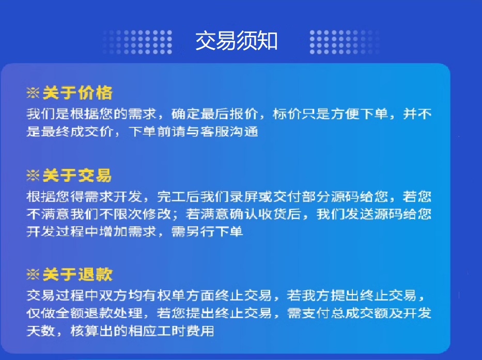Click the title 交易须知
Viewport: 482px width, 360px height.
[237, 41]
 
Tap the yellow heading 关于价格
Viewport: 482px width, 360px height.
[77, 93]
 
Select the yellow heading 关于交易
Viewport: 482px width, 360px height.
[77, 176]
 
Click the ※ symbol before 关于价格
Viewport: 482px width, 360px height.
[33, 93]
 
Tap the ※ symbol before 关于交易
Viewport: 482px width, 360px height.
[33, 176]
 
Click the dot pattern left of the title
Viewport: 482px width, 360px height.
[137, 42]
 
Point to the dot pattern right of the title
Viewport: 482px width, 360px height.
[345, 42]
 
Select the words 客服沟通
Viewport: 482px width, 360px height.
[229, 132]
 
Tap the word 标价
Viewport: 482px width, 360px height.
[287, 114]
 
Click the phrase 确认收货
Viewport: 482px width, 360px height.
[258, 214]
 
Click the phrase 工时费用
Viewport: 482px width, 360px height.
[185, 331]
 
